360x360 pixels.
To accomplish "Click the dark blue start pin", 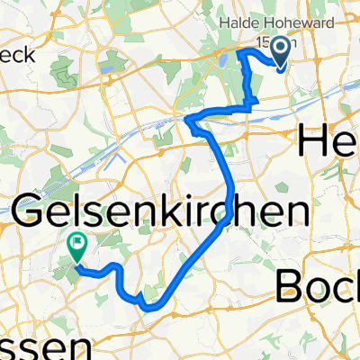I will tap(279, 50).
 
